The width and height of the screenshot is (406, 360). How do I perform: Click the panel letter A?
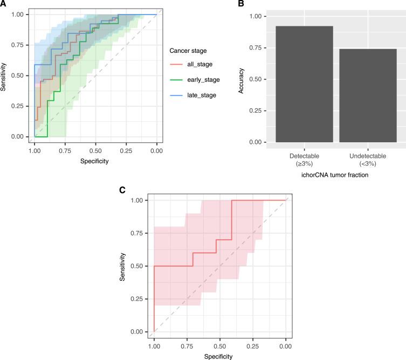[4, 4]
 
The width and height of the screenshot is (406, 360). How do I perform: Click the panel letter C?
[122, 190]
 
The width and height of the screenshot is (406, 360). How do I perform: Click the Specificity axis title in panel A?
[94, 161]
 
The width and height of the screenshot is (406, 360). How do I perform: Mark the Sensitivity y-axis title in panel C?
[123, 267]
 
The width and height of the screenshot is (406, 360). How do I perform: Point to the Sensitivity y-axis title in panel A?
[4, 75]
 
